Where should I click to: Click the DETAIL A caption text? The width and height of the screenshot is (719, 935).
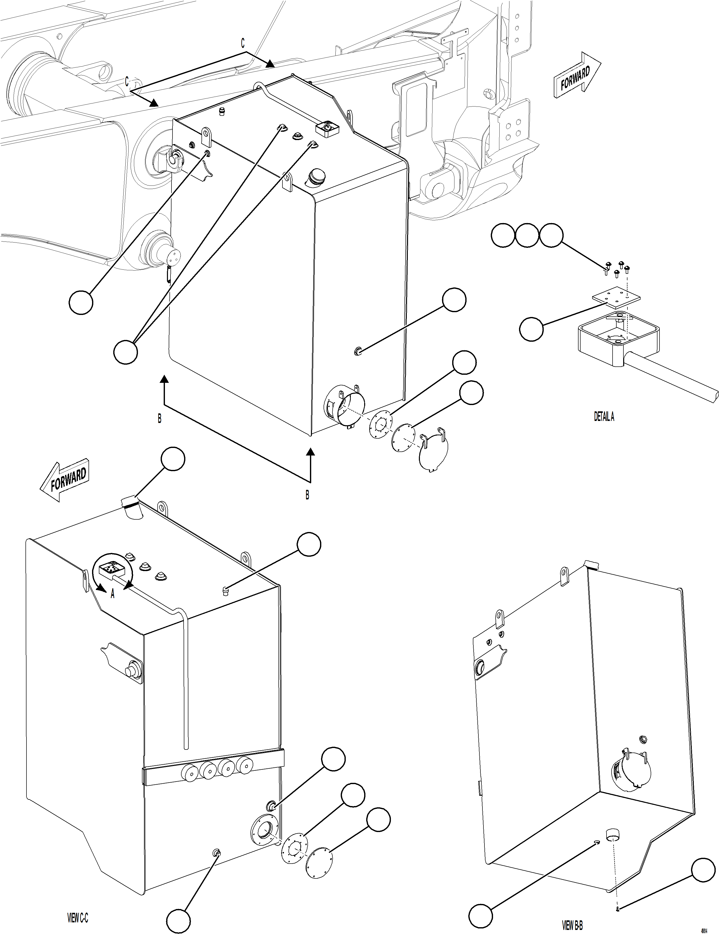click(x=603, y=417)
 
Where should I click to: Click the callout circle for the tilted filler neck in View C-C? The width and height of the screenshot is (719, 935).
click(x=173, y=459)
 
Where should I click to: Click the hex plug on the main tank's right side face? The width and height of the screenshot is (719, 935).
click(x=357, y=352)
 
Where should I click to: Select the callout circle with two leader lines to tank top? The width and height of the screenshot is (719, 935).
click(x=125, y=352)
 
